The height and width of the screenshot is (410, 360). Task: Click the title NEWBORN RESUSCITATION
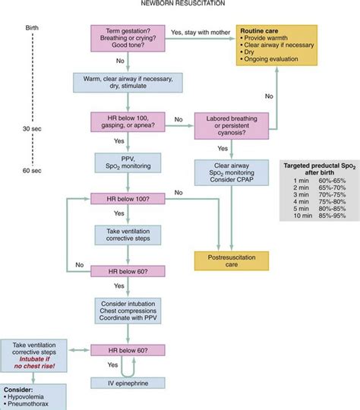pos(181,5)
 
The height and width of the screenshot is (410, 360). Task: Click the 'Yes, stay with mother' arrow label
pos(199,31)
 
